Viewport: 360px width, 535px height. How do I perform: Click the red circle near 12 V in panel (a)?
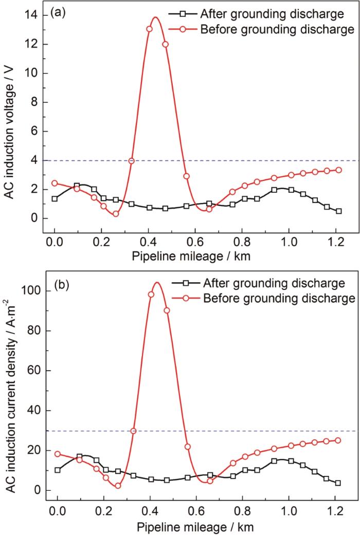tap(165, 44)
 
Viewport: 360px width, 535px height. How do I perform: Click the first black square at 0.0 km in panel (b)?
tap(58, 470)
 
